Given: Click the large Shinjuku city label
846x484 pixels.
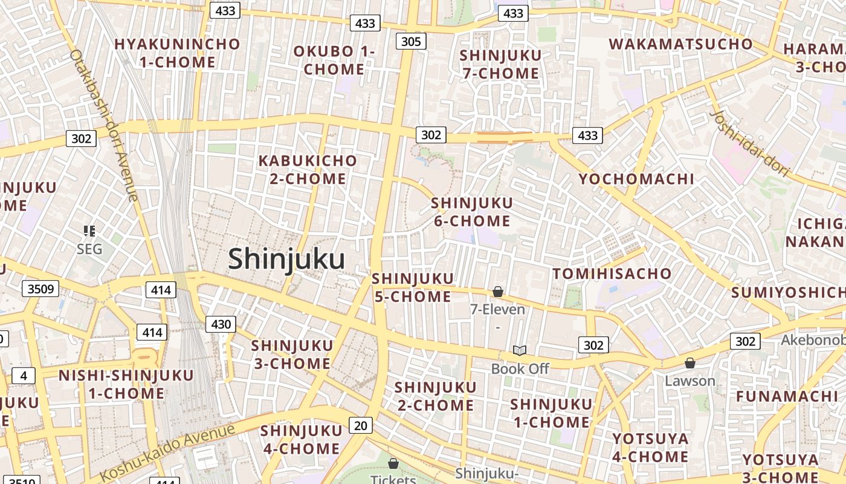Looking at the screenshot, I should [286, 259].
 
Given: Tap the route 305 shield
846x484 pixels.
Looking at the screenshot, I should [412, 41].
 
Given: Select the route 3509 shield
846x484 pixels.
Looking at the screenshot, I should [41, 289].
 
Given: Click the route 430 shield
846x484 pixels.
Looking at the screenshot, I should [221, 324].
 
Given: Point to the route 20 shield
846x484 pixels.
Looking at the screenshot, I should [360, 425].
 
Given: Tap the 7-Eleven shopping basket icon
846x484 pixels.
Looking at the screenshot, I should [498, 292].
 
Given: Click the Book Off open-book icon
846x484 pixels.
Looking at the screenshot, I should [520, 350].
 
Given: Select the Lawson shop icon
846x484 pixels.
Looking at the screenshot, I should [689, 363].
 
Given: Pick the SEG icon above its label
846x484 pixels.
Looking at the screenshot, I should [89, 231].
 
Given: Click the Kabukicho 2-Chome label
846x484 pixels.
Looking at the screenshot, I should [308, 169].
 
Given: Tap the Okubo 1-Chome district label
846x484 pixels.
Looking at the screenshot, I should [334, 60].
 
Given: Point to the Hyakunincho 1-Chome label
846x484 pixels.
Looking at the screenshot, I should [177, 53].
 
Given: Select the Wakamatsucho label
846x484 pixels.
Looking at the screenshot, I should [681, 44].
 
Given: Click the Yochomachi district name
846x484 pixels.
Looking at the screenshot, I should [636, 179].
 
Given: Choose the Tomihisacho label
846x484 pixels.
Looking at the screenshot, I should [612, 273].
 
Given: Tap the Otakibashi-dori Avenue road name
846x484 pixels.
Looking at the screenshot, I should [103, 124].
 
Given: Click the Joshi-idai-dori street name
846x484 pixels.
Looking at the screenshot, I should [750, 143].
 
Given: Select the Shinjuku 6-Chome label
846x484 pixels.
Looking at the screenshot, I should [472, 212].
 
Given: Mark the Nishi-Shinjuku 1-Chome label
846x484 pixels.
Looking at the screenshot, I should [126, 384].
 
